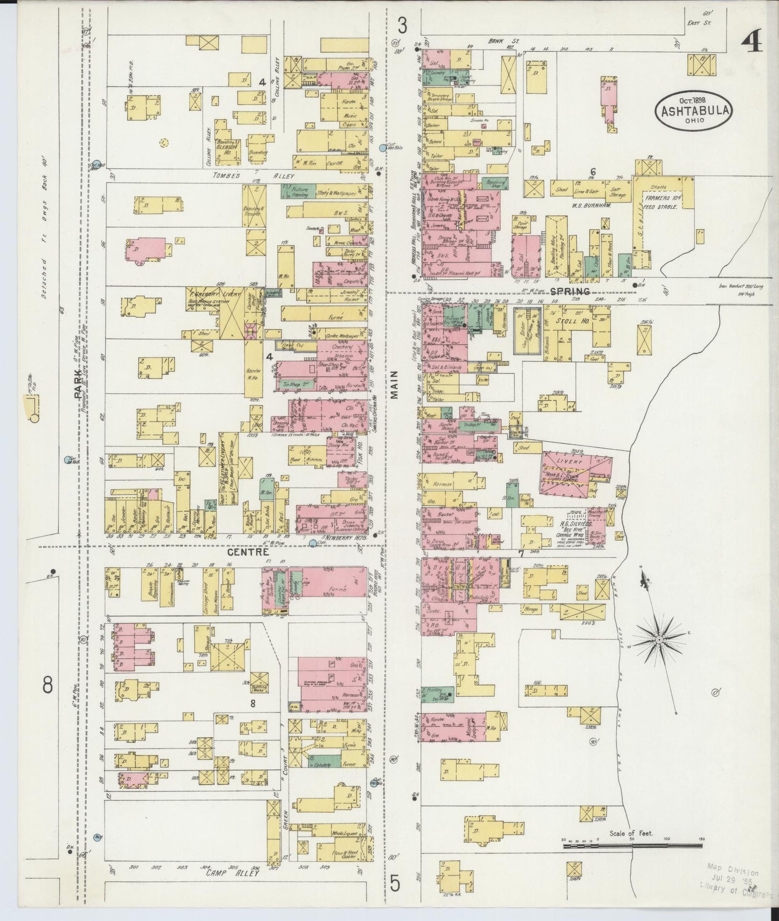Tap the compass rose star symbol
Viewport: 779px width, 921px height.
coord(658,640)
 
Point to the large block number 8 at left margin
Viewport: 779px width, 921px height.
coord(47,686)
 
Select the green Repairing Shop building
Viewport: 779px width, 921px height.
coord(494,183)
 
